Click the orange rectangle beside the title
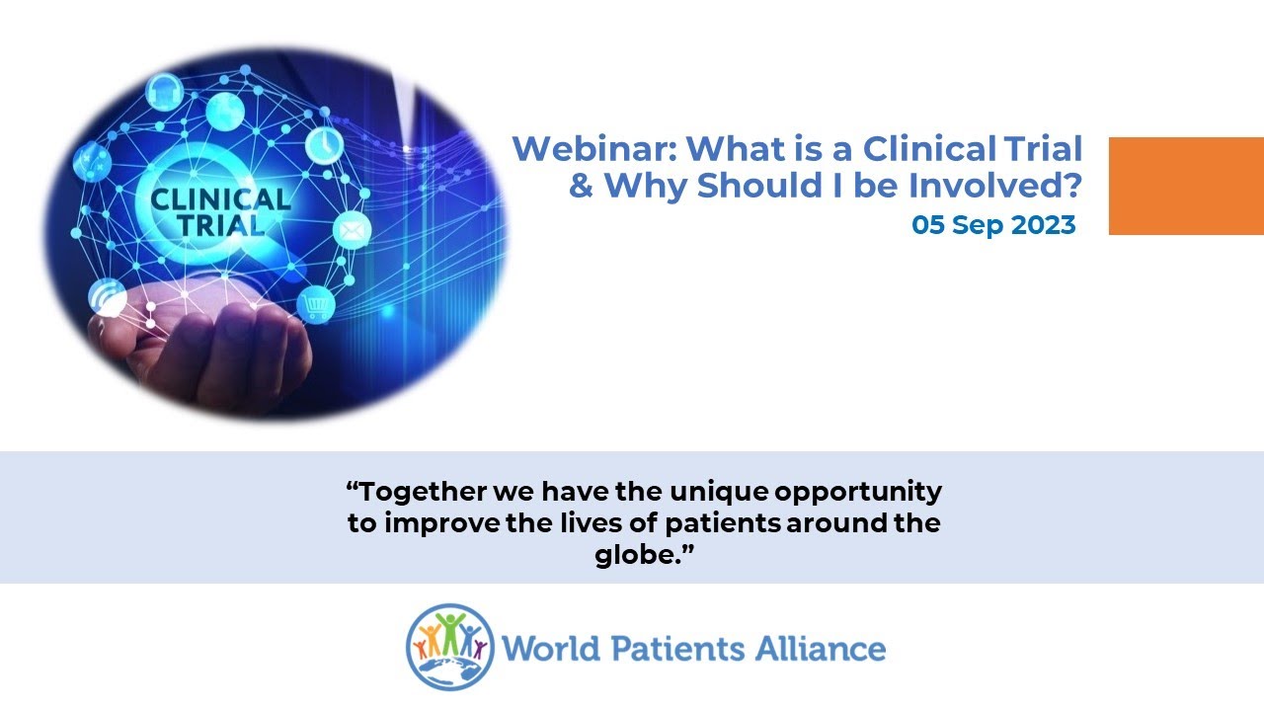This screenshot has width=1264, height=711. click(x=1185, y=186)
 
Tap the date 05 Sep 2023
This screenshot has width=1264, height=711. click(x=993, y=225)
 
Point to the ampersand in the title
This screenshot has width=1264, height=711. click(x=583, y=186)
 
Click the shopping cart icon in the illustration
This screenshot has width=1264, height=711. click(x=316, y=305)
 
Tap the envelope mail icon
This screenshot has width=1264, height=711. click(x=352, y=231)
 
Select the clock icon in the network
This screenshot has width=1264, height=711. click(x=323, y=145)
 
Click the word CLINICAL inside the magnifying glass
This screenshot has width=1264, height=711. click(x=220, y=199)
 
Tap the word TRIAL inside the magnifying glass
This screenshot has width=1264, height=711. click(x=220, y=225)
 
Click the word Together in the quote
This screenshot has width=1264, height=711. click(x=413, y=492)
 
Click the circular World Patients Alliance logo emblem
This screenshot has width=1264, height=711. click(x=449, y=647)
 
